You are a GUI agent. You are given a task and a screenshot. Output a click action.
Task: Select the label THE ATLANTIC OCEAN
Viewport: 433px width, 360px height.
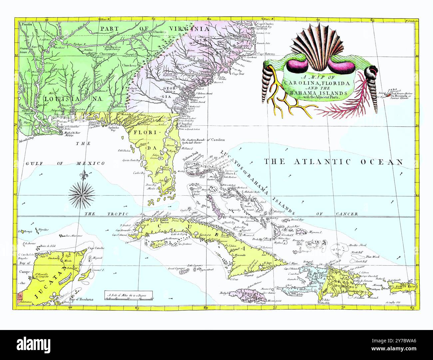click(x=333, y=162)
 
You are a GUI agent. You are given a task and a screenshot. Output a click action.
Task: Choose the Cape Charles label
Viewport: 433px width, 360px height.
click(x=265, y=24)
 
